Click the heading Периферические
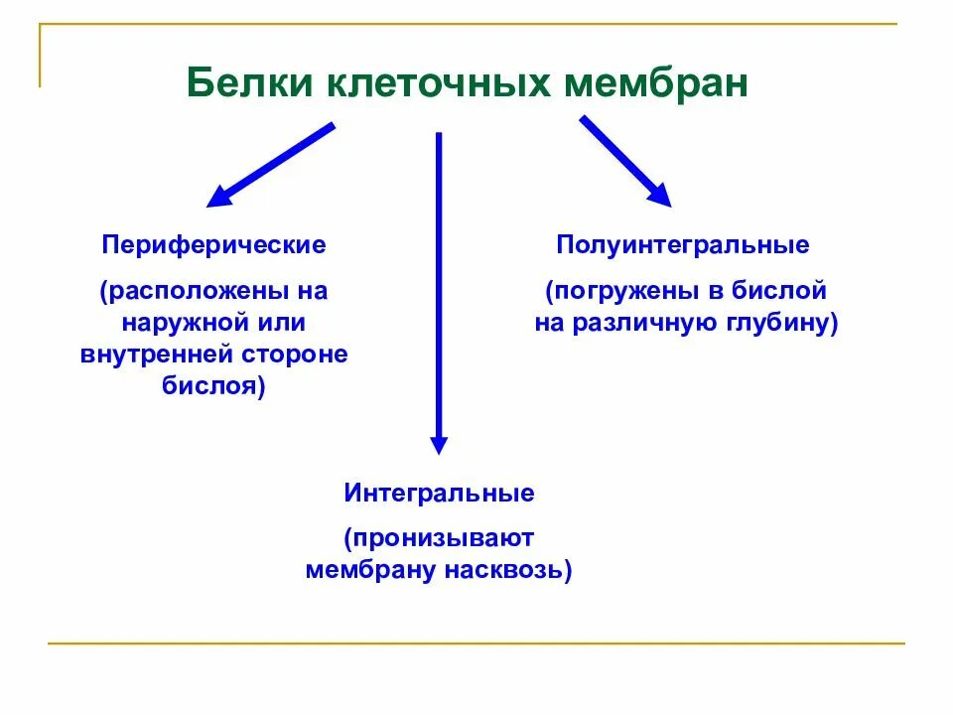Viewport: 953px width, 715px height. coord(213,244)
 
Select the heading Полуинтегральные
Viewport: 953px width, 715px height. coord(683,244)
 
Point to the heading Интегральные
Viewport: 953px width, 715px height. coord(440,494)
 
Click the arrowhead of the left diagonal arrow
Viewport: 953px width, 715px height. coord(219,198)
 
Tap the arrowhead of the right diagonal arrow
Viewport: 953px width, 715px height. coord(659,196)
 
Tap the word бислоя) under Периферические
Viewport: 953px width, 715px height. coord(213,385)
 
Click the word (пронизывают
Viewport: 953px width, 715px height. coord(440,539)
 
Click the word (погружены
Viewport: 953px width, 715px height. coord(620,292)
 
